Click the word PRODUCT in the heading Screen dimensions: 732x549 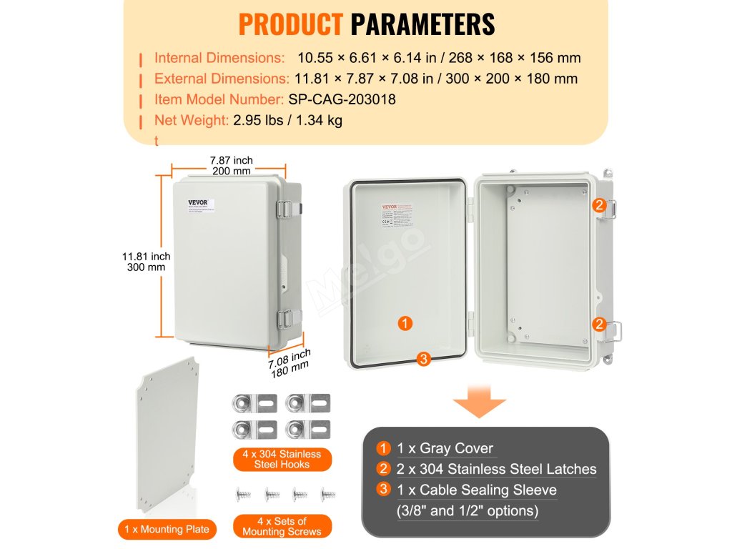pos(290,24)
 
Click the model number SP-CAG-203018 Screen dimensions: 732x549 pos(342,99)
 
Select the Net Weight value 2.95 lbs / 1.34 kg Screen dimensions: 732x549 pos(287,120)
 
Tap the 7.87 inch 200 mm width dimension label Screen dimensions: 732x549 pos(231,166)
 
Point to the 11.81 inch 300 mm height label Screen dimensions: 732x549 pos(146,262)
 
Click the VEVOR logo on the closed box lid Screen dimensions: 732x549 pos(197,202)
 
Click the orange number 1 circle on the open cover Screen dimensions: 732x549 pos(405,324)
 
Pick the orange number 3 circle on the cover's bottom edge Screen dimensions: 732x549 pos(423,359)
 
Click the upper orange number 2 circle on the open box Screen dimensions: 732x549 pos(599,205)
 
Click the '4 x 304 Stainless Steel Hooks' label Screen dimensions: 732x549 pos(282,459)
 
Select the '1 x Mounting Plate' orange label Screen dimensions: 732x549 pos(167,529)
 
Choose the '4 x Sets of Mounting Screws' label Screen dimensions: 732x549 pos(282,526)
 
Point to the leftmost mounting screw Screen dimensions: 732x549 pos(241,494)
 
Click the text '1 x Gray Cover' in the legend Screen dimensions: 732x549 pos(445,448)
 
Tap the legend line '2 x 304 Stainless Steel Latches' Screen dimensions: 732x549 pos(496,469)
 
